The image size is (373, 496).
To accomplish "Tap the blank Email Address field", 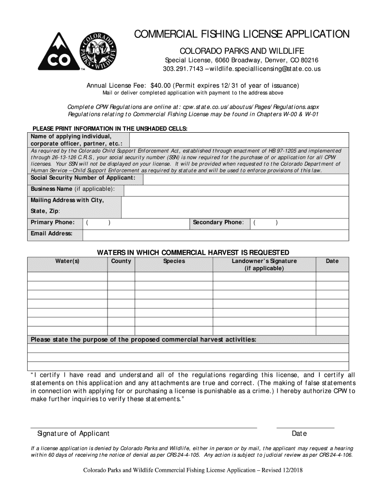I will pos(215,235).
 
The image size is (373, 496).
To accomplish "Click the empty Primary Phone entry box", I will pos(135,223).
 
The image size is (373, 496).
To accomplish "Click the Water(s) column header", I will pos(67,262).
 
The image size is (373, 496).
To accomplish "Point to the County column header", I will pos(121,262).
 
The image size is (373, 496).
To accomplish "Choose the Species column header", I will pos(174,262).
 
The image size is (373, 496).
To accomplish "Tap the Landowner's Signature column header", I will pos(264,264).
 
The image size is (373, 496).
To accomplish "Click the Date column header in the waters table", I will pos(332,262).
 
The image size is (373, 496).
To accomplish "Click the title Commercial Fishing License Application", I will pos(241,34).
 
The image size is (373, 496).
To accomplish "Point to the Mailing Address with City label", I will pos(67,201).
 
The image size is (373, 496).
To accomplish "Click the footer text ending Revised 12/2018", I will pos(193,470).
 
